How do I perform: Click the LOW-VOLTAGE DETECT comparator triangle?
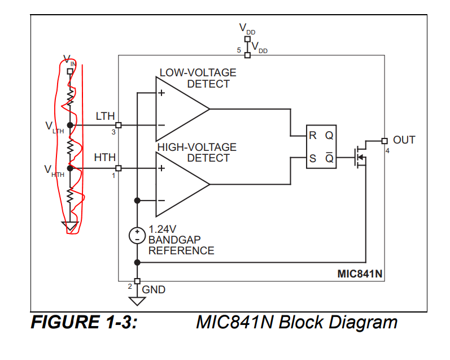coord(178,109)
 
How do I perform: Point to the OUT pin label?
coord(404,140)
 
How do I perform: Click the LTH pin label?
coord(105,117)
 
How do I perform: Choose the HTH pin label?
coord(105,158)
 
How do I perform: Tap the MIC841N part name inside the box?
coord(360,274)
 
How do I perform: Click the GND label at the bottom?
coord(154,290)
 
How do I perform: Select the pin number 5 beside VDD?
coord(239,51)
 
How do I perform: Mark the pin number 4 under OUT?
coord(387,150)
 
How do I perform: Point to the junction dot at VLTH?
coord(71,125)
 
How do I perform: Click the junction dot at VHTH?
coord(71,168)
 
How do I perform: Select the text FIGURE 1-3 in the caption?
coord(84,323)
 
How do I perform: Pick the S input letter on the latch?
coord(312,159)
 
